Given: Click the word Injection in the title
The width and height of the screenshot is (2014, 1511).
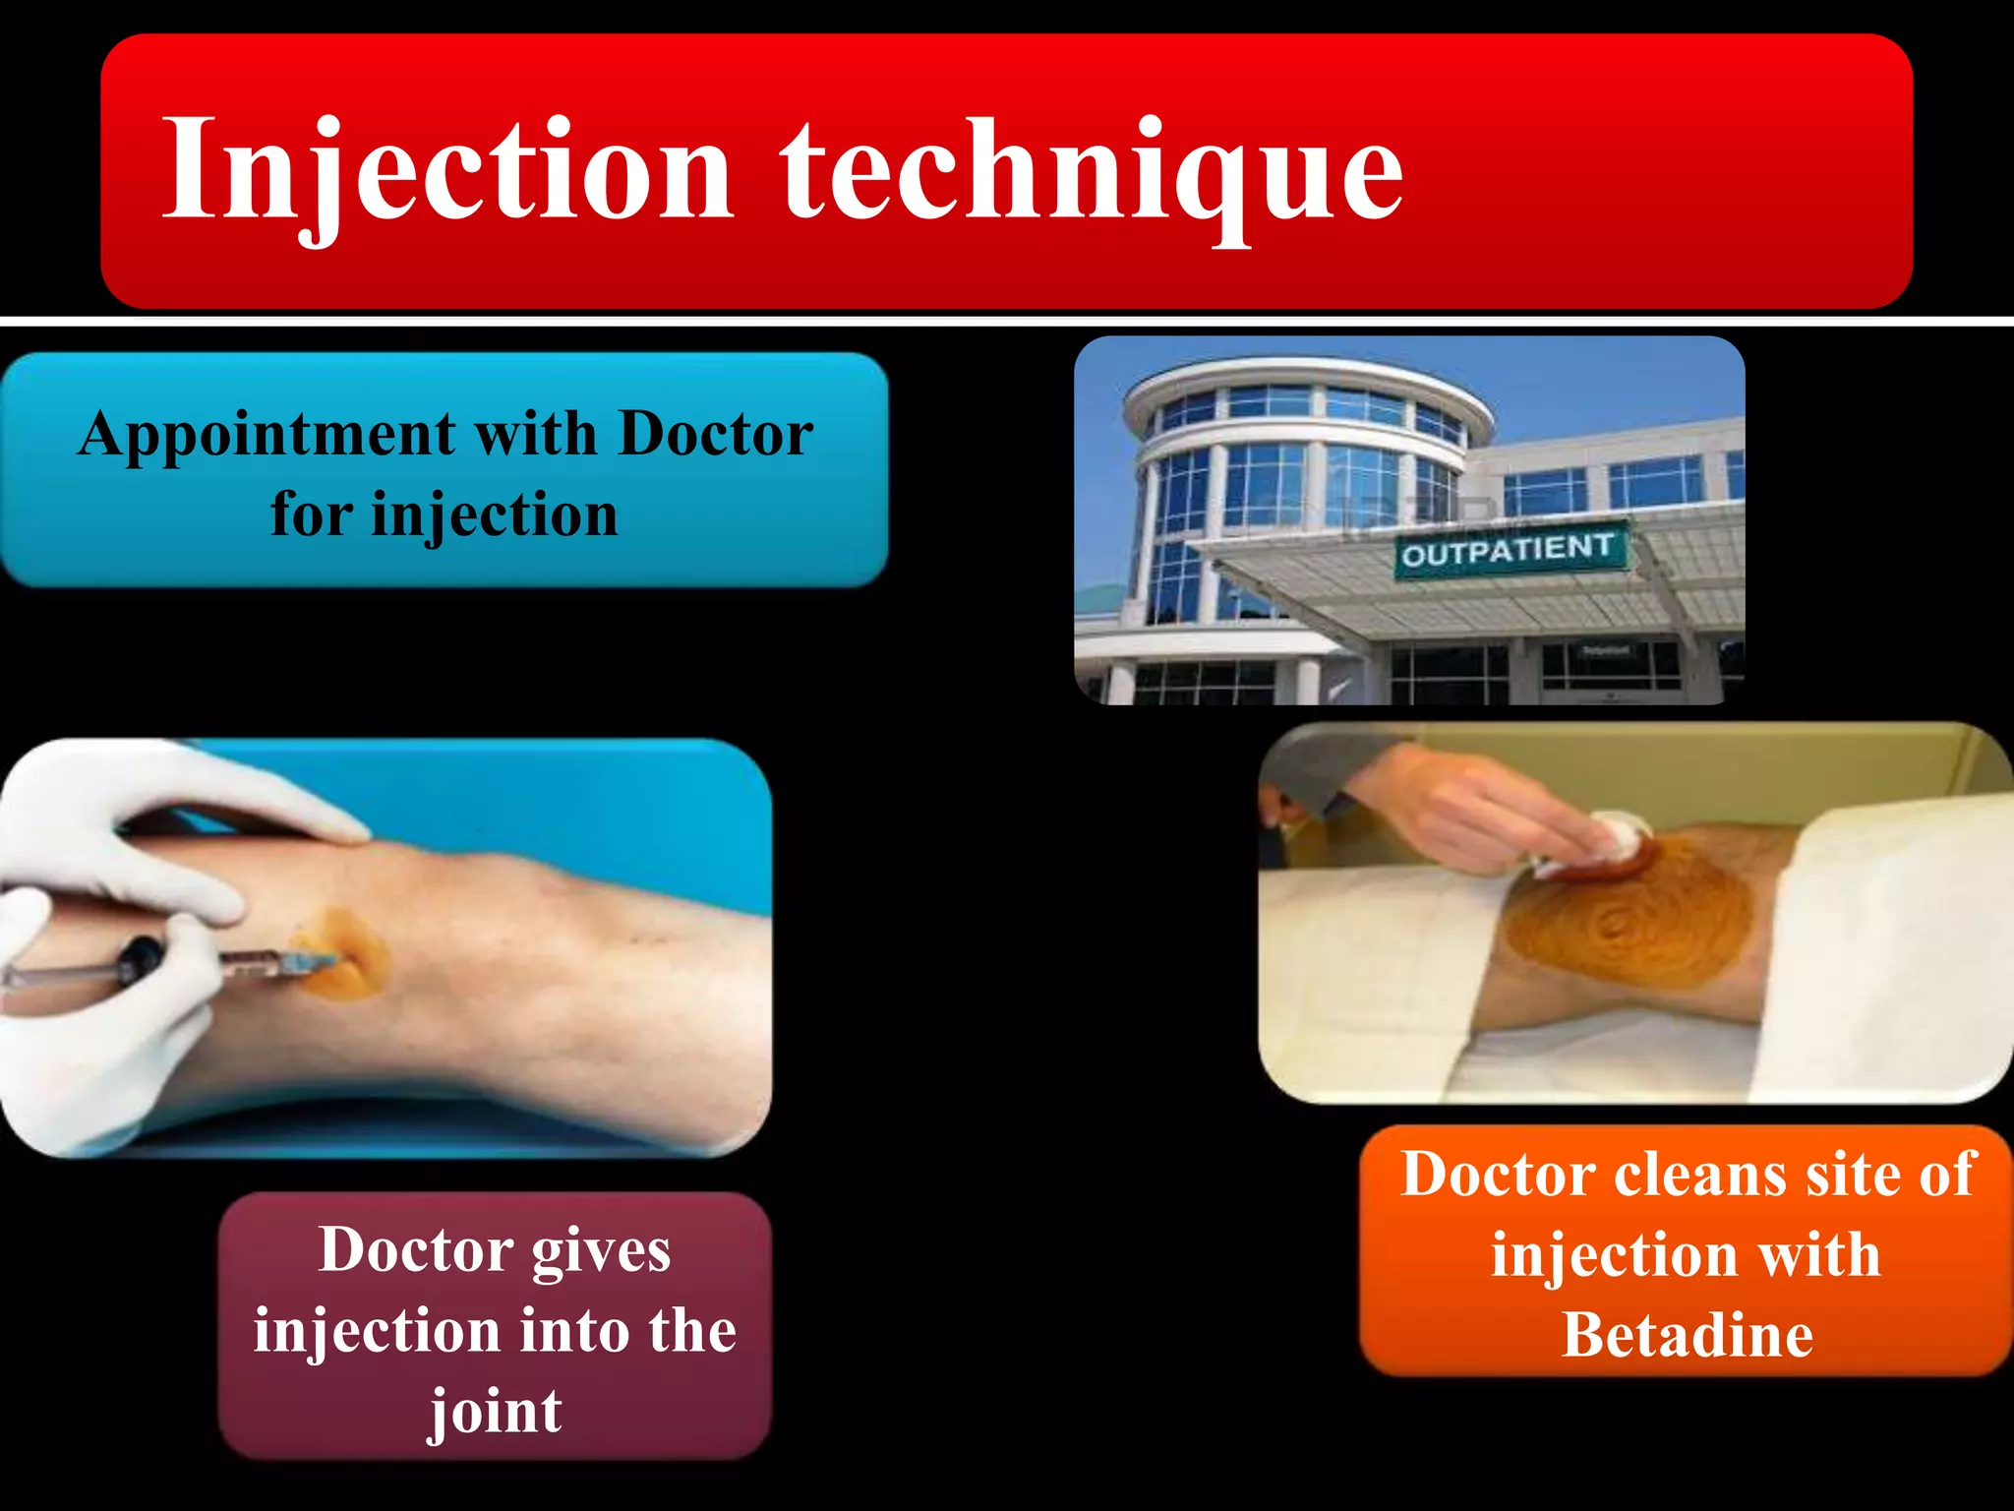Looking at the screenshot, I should [447, 172].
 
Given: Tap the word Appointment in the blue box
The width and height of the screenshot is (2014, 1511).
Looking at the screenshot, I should [267, 435].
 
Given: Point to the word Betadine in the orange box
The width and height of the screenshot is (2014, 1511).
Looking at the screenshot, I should [1688, 1335].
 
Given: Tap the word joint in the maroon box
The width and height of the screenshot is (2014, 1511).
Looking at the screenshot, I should [496, 1413].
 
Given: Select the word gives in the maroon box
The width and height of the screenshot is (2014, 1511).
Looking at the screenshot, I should [602, 1250].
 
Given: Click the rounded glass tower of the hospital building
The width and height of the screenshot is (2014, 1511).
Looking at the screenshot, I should [1298, 462].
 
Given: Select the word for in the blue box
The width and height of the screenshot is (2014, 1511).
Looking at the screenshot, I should [311, 514].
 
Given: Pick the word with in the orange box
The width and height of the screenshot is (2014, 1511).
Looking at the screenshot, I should [1818, 1255].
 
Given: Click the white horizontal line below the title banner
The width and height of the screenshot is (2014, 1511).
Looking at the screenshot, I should [1007, 322].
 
